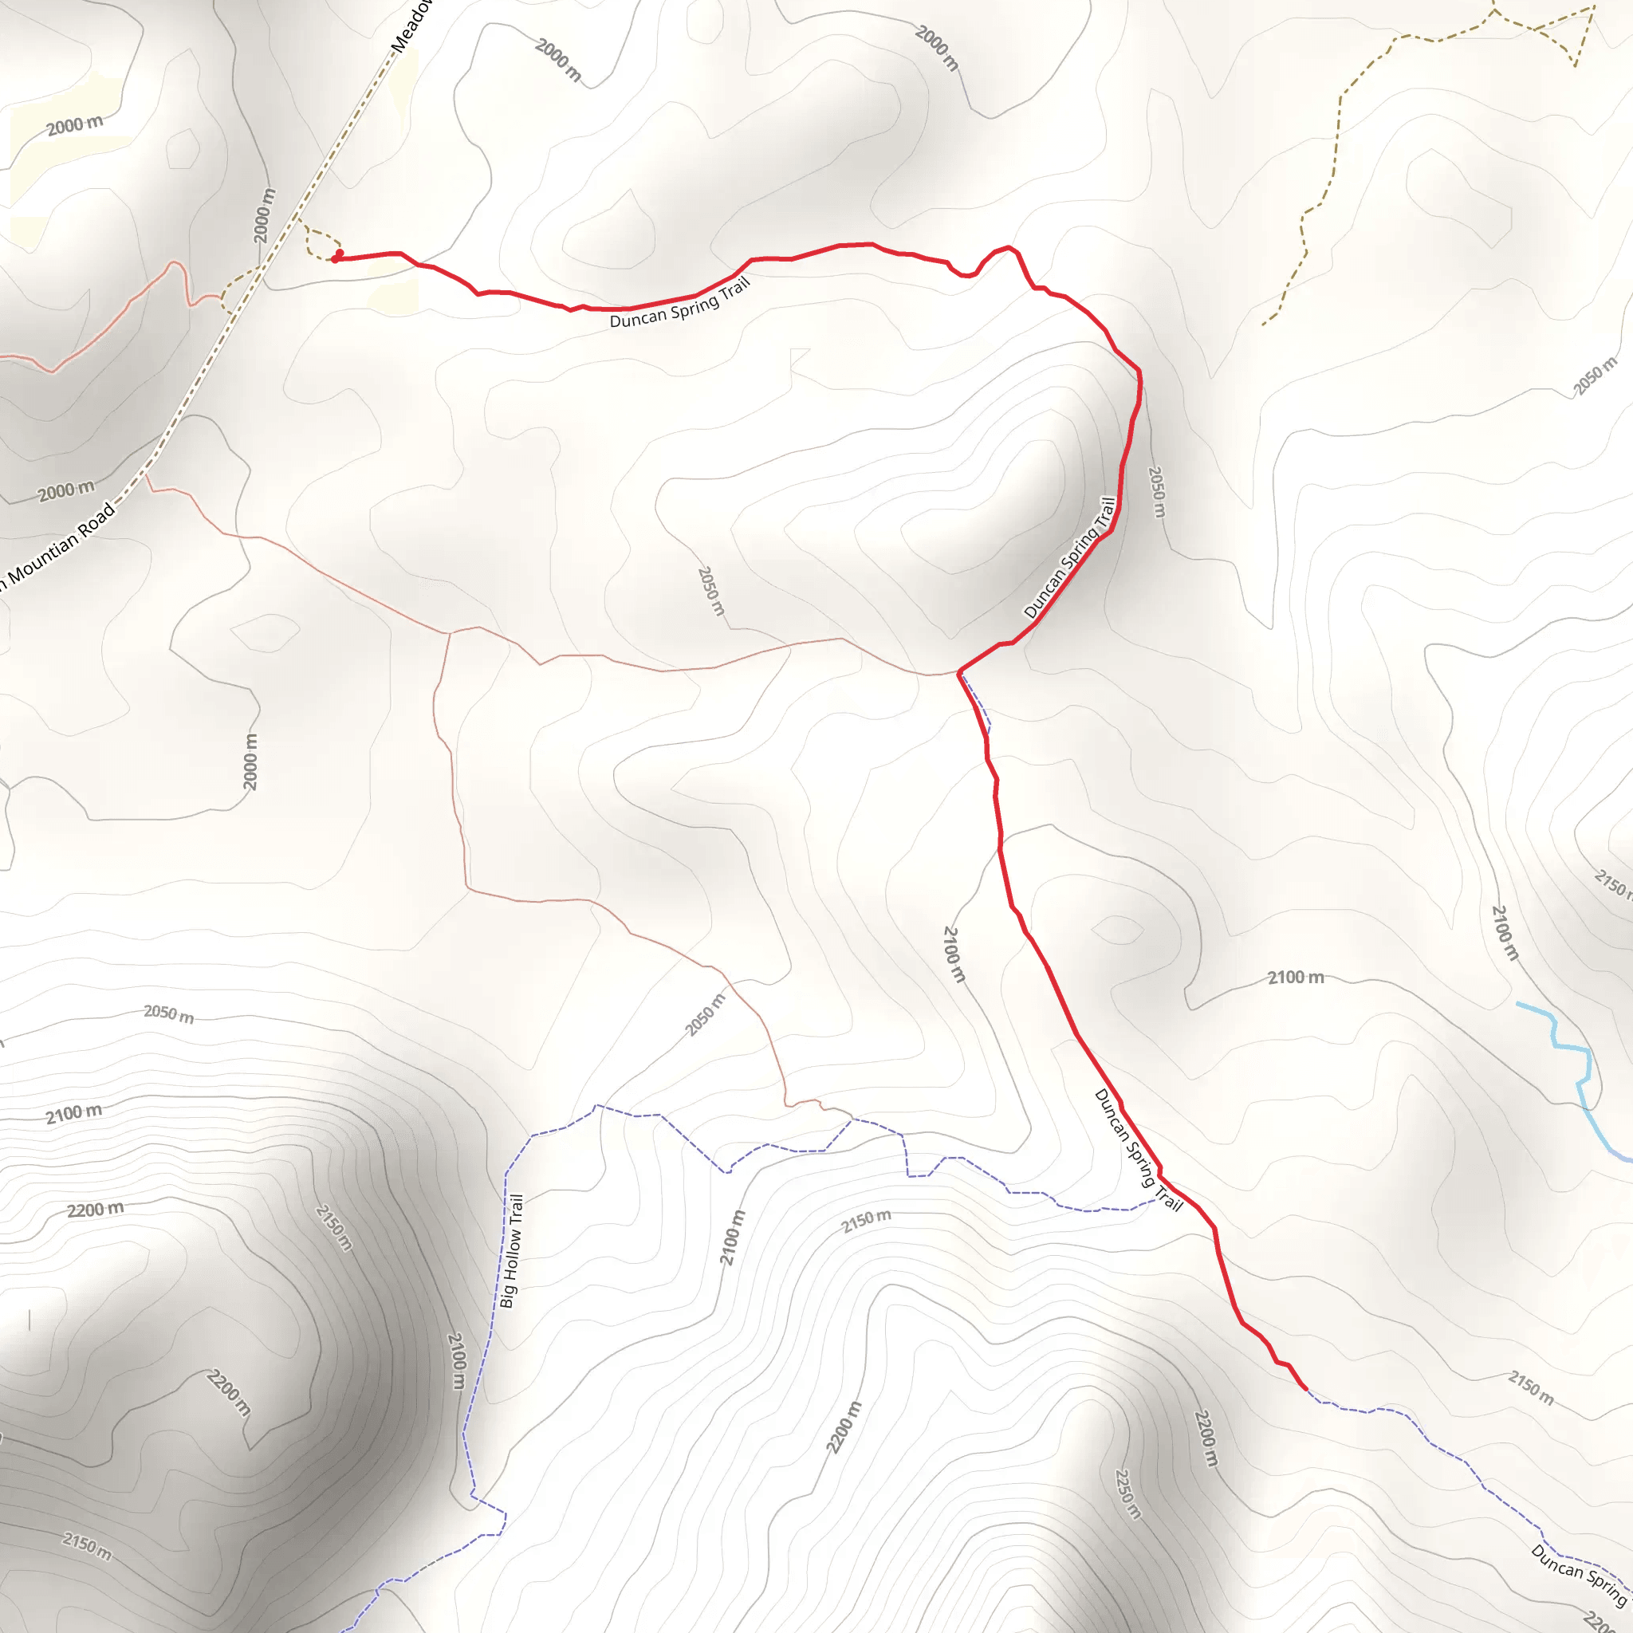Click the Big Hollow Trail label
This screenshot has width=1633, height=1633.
click(x=512, y=1250)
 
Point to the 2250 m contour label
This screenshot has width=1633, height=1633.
click(x=1127, y=1493)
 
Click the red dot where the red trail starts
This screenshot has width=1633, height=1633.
click(x=336, y=257)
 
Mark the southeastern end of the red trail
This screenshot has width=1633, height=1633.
click(x=1306, y=1389)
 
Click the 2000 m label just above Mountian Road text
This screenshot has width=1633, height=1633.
click(x=66, y=490)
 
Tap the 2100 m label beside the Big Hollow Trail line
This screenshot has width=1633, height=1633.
click(x=456, y=1361)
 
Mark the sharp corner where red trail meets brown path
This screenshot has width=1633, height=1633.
click(x=958, y=673)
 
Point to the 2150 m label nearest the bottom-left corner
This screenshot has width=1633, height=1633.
click(x=86, y=1546)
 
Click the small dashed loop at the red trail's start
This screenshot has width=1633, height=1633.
click(x=320, y=243)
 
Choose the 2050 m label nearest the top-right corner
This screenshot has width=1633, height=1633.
click(x=1594, y=376)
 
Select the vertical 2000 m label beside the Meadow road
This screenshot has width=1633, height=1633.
click(x=265, y=215)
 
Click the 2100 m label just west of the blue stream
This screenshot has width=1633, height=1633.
click(x=1505, y=932)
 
